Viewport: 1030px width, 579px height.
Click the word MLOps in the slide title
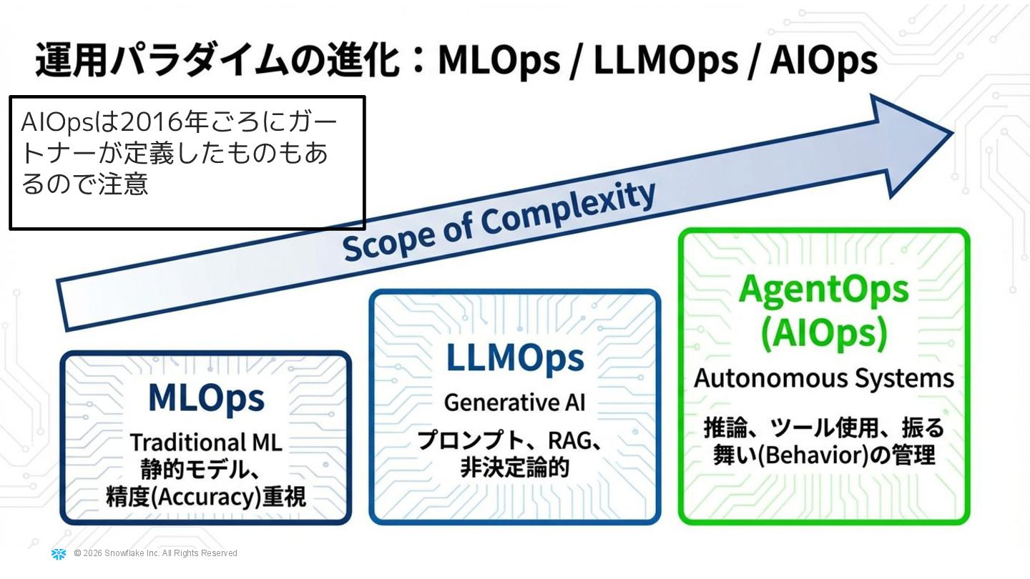[x=499, y=61]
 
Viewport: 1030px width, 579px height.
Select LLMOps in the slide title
[x=665, y=61]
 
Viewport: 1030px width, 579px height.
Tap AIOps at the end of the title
[x=823, y=61]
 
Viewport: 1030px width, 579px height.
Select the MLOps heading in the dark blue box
[x=206, y=398]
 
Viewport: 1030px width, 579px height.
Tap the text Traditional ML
[x=206, y=442]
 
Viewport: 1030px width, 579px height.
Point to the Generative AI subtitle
[x=515, y=402]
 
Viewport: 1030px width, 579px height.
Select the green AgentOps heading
[x=824, y=289]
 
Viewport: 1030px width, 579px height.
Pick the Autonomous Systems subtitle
[x=824, y=377]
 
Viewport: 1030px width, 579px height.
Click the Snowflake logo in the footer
[x=59, y=554]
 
